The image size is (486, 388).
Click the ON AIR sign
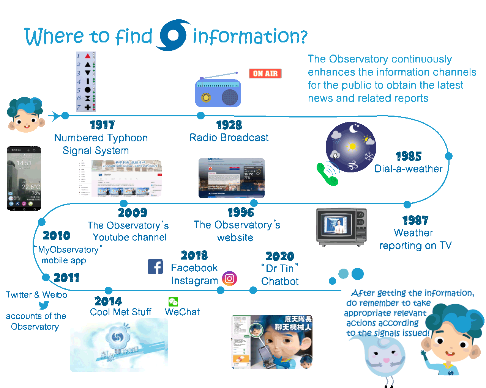tap(265, 73)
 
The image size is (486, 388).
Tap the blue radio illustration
tap(218, 92)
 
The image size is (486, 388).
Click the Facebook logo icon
tap(155, 267)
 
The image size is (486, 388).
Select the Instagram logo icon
tap(229, 279)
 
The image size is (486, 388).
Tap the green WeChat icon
tap(173, 302)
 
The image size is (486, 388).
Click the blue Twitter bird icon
tap(44, 305)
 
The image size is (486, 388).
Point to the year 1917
tap(102, 125)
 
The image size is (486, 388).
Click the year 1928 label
tap(229, 125)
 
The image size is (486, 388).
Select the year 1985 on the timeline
tap(409, 156)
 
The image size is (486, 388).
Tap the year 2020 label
tap(280, 257)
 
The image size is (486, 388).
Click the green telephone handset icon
tap(327, 174)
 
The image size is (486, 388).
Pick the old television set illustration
tap(341, 226)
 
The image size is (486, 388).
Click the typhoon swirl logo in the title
tap(173, 36)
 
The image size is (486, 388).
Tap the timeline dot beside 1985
tap(448, 156)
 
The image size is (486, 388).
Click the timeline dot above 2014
tap(109, 291)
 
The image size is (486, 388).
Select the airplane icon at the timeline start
tap(55, 116)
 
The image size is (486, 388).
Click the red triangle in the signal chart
tap(88, 56)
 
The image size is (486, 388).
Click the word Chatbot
tap(280, 282)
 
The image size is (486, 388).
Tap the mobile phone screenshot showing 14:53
tap(24, 177)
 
